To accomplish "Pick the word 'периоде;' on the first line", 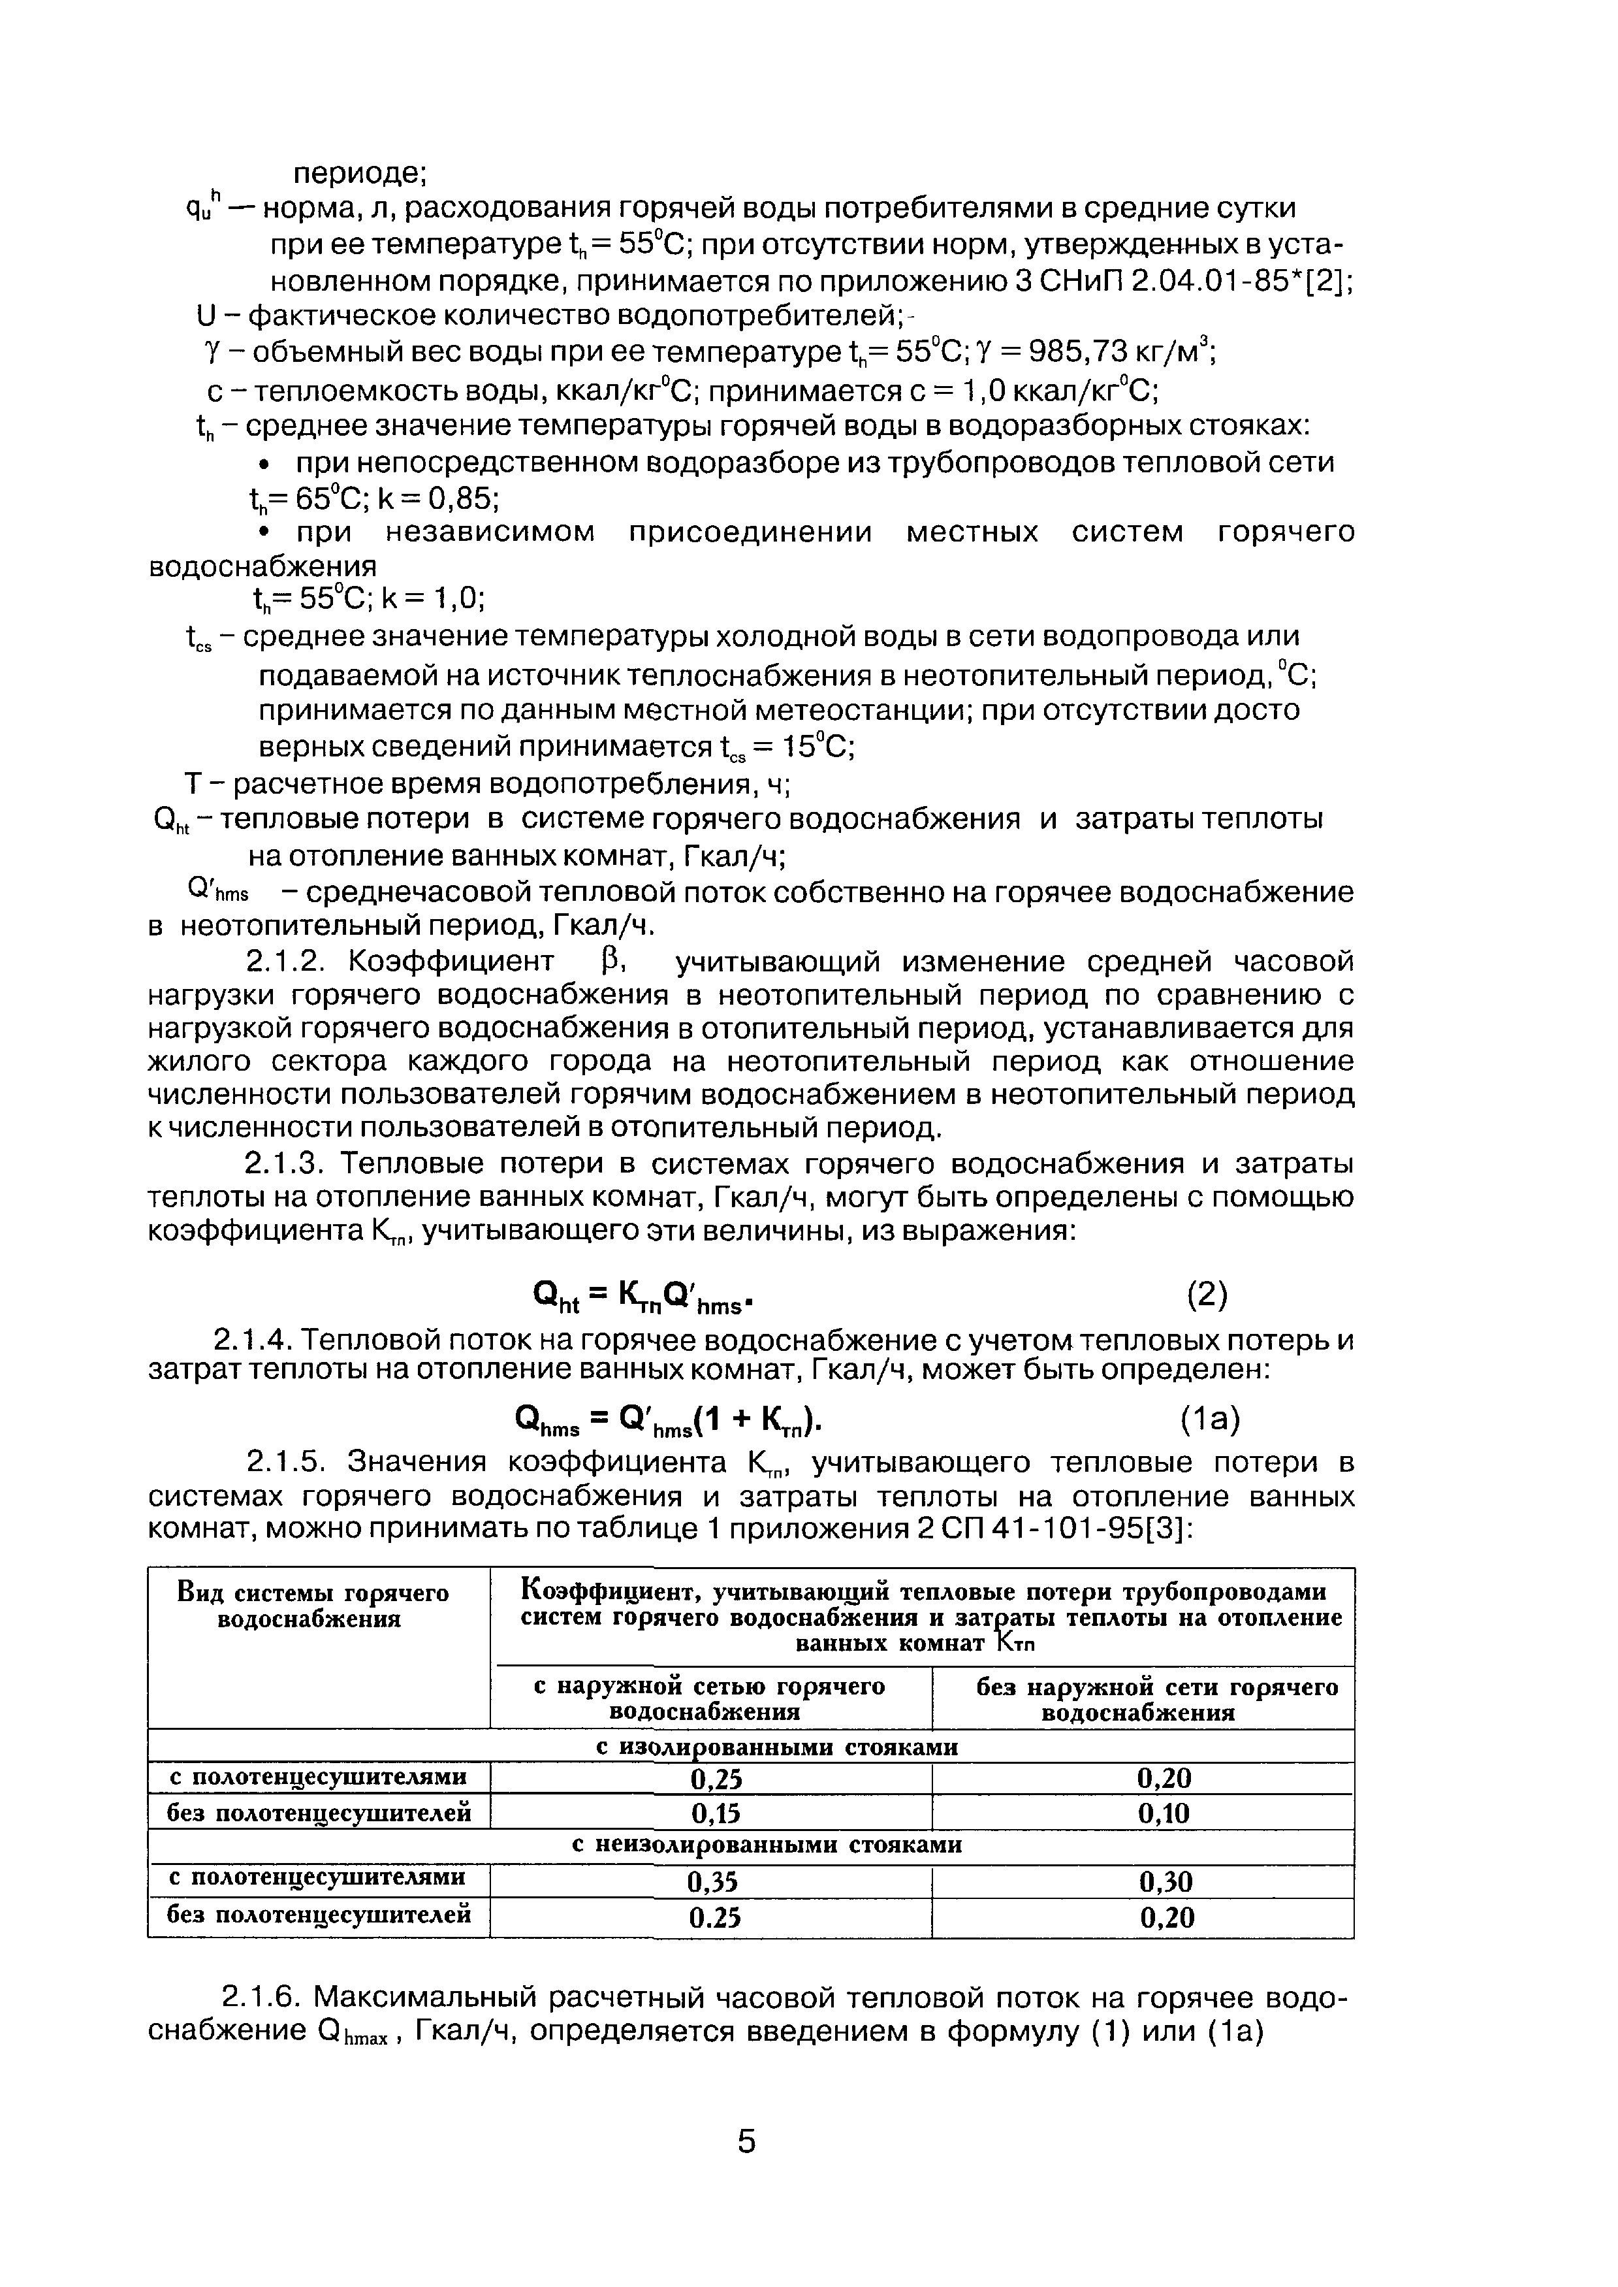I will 360,172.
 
